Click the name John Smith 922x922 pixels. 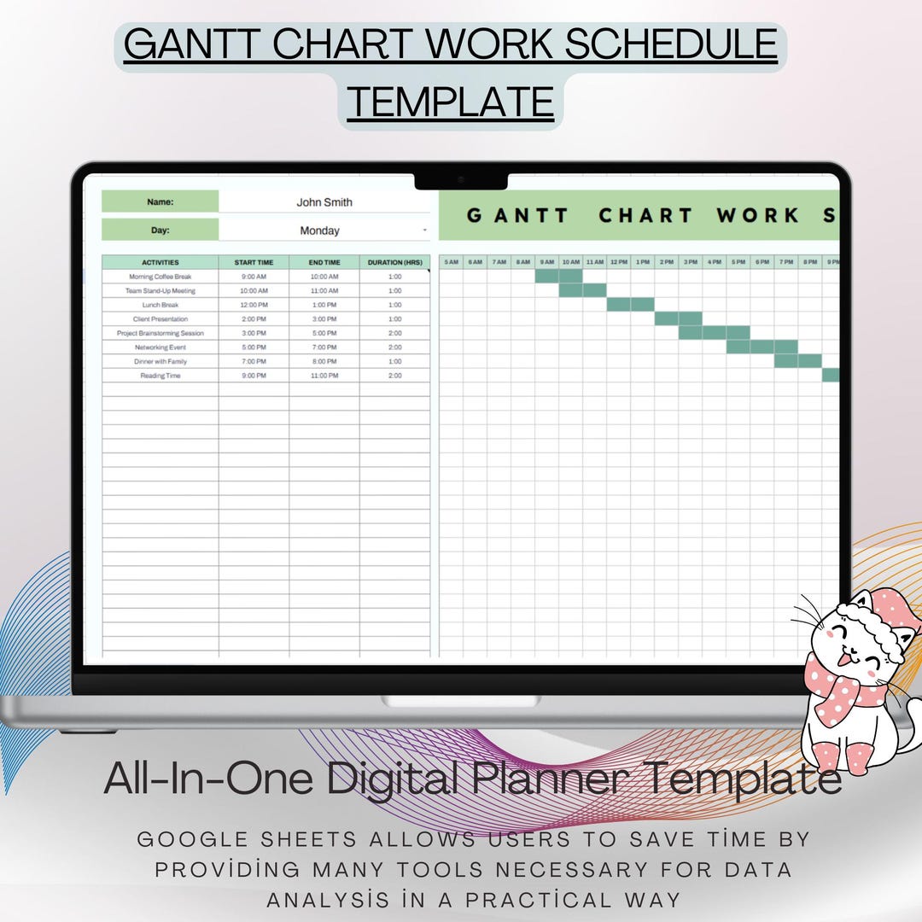(x=324, y=202)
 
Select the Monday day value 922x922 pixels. (x=319, y=230)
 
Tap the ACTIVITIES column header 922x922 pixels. (x=160, y=262)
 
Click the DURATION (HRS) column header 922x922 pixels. (x=394, y=262)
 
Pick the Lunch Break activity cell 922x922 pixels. (x=160, y=305)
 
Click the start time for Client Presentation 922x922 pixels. (x=254, y=319)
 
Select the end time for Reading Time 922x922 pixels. (x=324, y=376)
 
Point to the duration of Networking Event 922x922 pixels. (x=394, y=347)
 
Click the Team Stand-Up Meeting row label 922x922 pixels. (x=160, y=291)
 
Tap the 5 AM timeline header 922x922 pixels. (x=451, y=262)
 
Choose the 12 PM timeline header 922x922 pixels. (x=618, y=262)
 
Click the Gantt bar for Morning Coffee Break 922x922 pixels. (x=558, y=277)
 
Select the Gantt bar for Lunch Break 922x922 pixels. (x=630, y=305)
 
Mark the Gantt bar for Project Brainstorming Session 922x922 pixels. (x=714, y=333)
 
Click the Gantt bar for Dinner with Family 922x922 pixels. (x=797, y=361)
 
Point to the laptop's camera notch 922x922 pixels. (x=461, y=180)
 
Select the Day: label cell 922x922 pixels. (x=160, y=230)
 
